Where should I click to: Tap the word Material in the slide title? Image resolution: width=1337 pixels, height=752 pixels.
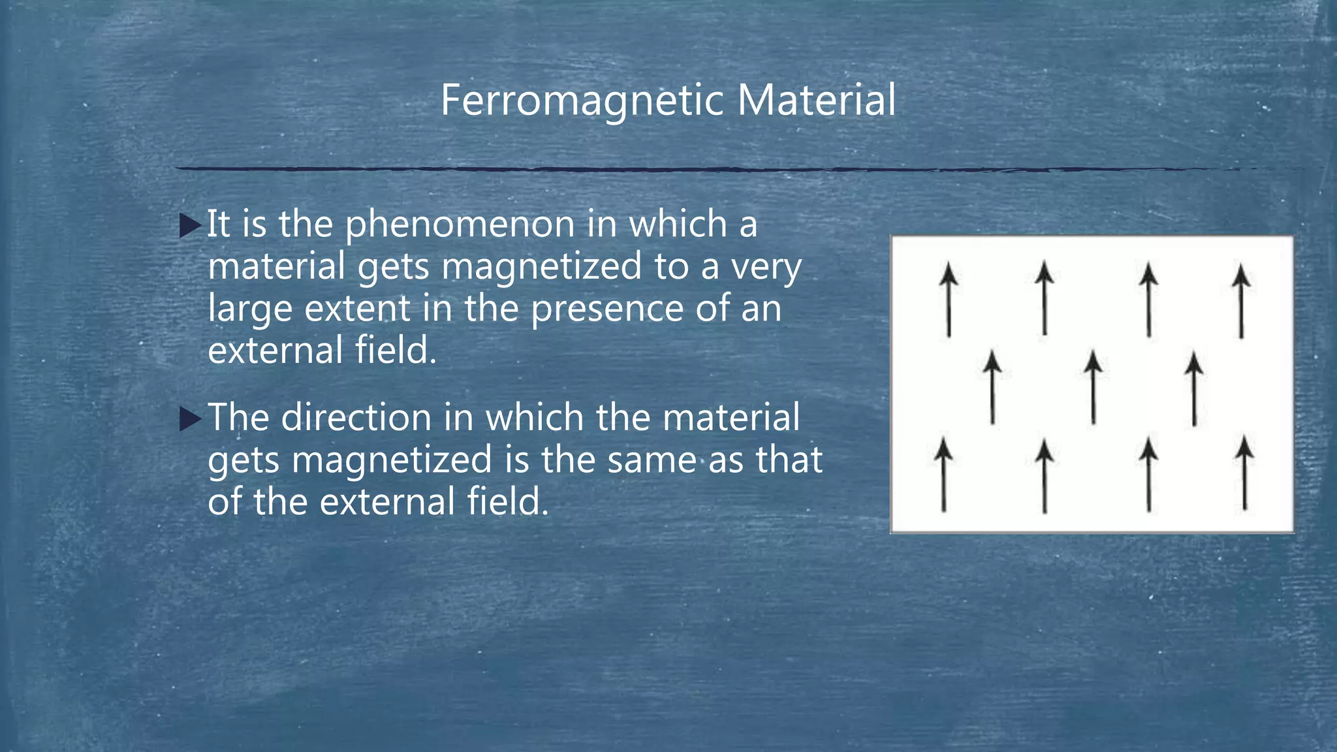click(x=816, y=101)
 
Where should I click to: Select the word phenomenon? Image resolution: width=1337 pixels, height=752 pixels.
click(x=460, y=225)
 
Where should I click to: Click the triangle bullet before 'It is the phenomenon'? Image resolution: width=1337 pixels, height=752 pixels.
click(x=190, y=225)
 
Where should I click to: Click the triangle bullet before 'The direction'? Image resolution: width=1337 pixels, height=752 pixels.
click(x=190, y=418)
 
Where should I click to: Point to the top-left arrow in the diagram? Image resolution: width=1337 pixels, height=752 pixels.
click(x=949, y=300)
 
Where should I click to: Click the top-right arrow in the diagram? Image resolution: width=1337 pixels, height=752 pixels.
click(x=1241, y=301)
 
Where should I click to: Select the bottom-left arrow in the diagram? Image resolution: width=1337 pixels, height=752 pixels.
click(x=943, y=475)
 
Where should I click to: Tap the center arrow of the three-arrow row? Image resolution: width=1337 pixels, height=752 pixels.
click(x=1093, y=387)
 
